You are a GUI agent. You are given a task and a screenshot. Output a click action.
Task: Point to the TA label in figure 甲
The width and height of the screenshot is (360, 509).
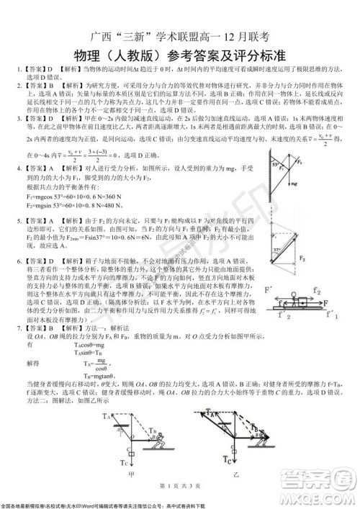106,416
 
